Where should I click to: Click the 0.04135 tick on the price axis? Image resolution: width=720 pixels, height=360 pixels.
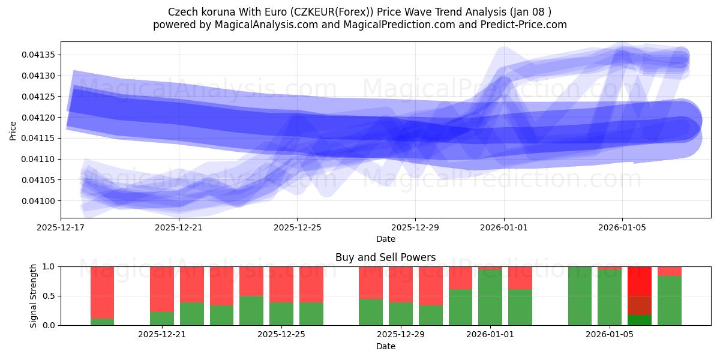pos(40,55)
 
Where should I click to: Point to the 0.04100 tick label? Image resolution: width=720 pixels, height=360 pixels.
pos(40,201)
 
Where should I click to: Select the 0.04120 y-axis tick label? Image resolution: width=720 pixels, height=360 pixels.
pos(40,118)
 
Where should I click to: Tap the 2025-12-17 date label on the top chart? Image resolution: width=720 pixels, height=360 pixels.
pos(61,227)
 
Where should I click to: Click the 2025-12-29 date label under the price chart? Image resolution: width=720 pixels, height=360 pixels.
pos(415,227)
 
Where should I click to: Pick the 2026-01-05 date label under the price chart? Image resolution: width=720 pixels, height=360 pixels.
pos(622,227)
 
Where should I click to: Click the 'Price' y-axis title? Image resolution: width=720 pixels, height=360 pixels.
pos(13,130)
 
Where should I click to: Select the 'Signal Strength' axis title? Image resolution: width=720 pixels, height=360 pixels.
pos(34,296)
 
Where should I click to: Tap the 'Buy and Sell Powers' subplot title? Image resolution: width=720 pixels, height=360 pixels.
pos(385,257)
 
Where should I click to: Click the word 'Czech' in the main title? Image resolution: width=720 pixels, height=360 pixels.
pos(181,11)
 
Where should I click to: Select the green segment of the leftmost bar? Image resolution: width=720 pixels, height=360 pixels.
pos(103,322)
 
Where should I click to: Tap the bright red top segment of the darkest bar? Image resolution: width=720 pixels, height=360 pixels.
pos(640,281)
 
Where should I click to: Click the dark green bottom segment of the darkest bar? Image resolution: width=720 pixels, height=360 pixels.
pos(640,320)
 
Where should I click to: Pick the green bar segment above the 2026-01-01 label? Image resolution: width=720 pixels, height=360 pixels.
pos(490,297)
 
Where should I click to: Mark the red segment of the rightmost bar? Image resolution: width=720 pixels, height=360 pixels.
pos(670,271)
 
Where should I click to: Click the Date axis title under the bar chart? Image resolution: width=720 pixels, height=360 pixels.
pos(385,346)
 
